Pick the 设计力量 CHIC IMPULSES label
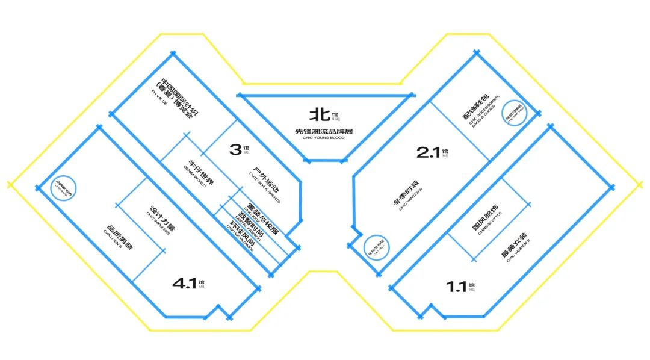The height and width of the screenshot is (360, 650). (158, 222)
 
